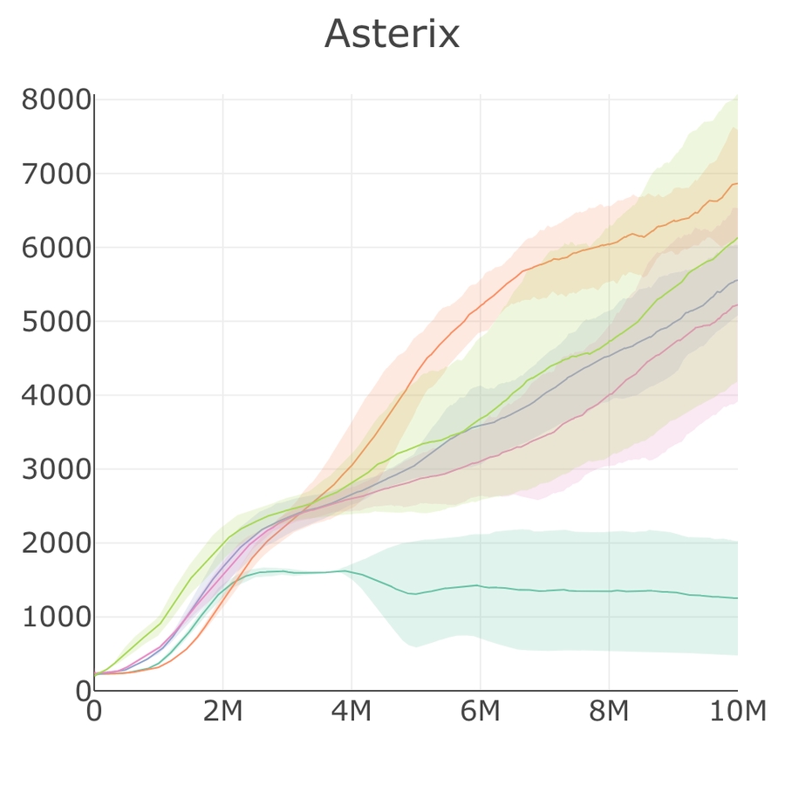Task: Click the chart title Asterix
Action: pyautogui.click(x=392, y=35)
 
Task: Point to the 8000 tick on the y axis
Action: pyautogui.click(x=56, y=100)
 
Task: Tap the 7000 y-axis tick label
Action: pyautogui.click(x=56, y=174)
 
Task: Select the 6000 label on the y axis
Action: pyautogui.click(x=56, y=249)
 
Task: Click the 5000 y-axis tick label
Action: pyautogui.click(x=56, y=322)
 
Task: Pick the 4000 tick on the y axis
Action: pyautogui.click(x=56, y=396)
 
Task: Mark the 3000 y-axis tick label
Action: pyautogui.click(x=56, y=470)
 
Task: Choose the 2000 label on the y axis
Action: pyautogui.click(x=56, y=543)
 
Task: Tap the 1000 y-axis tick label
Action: pyautogui.click(x=56, y=618)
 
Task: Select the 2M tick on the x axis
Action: pyautogui.click(x=222, y=713)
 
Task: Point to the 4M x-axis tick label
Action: pyautogui.click(x=352, y=713)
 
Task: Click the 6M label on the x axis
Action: pyautogui.click(x=480, y=713)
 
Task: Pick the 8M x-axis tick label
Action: pyautogui.click(x=609, y=713)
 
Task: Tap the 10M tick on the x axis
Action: pyautogui.click(x=737, y=713)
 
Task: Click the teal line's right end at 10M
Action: pyautogui.click(x=737, y=598)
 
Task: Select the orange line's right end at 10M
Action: pyautogui.click(x=737, y=183)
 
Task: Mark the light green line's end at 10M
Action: pyautogui.click(x=737, y=238)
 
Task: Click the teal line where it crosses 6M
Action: pyautogui.click(x=480, y=586)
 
